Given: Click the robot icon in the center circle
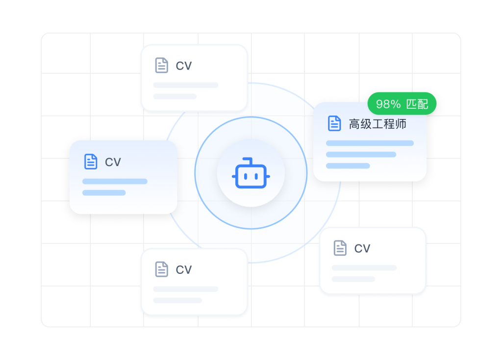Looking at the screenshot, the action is tap(251, 173).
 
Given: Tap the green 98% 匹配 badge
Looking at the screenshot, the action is tap(402, 104).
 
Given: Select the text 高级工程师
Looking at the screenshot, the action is tap(377, 124).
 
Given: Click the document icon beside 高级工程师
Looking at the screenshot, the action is tap(334, 123).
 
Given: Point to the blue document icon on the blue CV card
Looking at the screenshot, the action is tap(91, 161).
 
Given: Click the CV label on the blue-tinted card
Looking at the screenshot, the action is tap(113, 162).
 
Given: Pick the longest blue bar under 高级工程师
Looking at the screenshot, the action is tap(370, 143).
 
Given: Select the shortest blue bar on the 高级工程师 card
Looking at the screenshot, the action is tap(348, 166).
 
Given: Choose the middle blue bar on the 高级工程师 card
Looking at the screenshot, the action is tap(361, 155).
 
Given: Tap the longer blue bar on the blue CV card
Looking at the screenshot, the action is tap(115, 181).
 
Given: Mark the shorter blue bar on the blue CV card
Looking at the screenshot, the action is tap(104, 192).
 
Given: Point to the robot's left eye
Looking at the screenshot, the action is tap(246, 176).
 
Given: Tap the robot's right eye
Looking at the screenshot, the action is tap(256, 176).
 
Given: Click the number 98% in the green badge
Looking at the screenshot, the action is tap(388, 104).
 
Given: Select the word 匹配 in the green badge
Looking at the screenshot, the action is tap(417, 104).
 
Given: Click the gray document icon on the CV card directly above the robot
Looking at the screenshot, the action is tap(161, 65).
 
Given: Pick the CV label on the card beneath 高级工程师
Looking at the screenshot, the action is tap(362, 248).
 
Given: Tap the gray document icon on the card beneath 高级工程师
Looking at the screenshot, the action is tap(340, 248).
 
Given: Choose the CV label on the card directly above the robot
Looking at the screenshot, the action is tap(184, 66).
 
